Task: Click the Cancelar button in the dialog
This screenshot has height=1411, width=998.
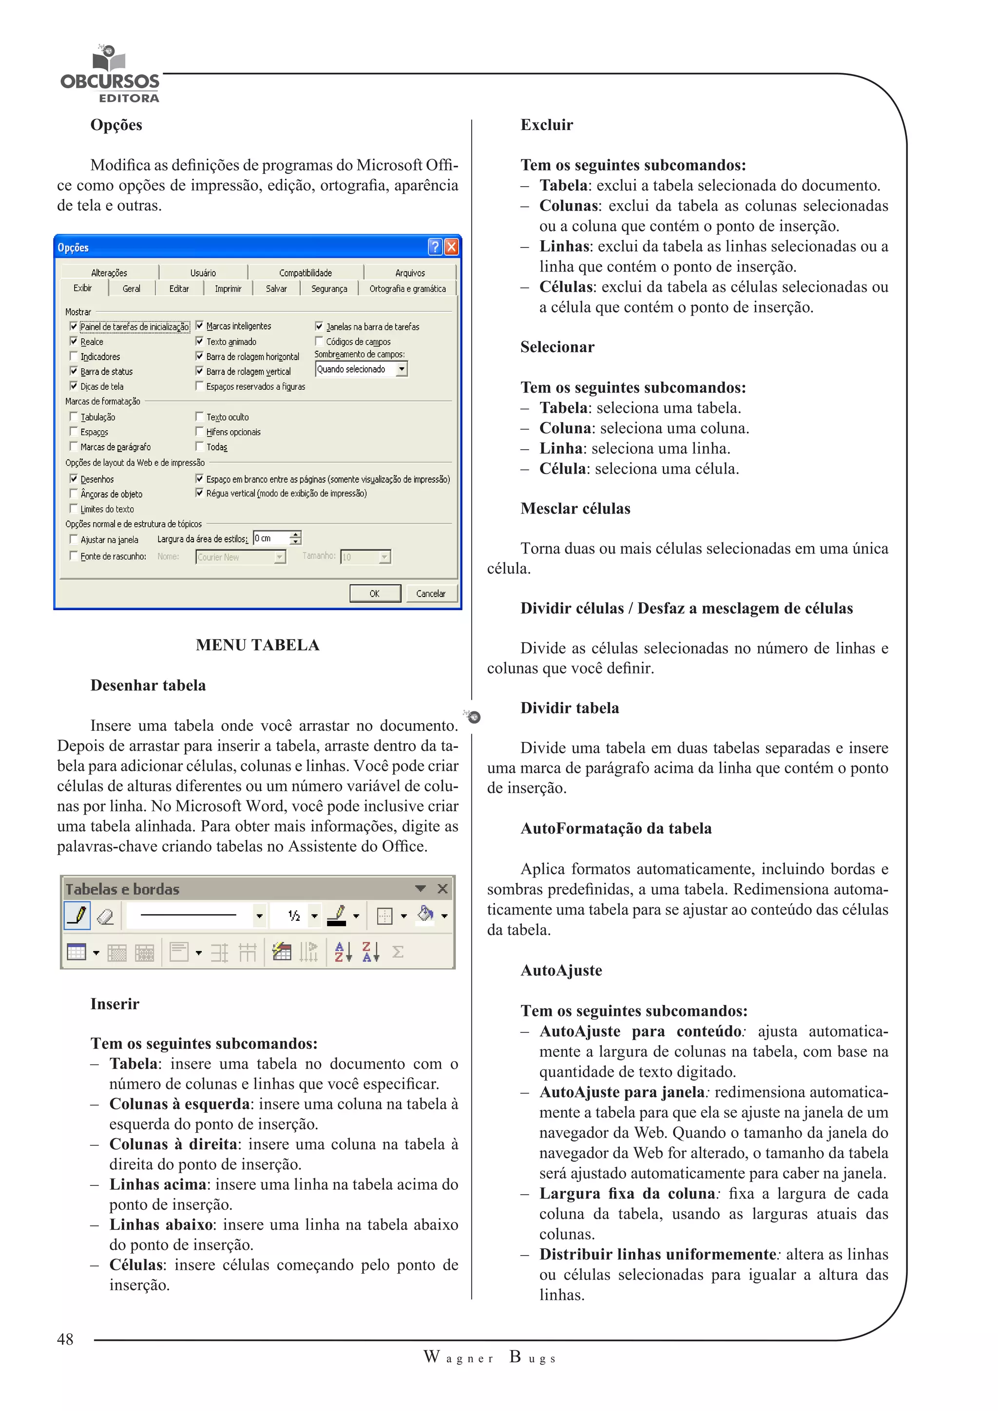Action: [x=430, y=593]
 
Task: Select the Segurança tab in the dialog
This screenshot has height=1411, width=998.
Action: [x=329, y=288]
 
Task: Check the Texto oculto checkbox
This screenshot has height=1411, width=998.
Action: [x=199, y=417]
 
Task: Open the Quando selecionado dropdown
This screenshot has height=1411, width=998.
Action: [x=401, y=369]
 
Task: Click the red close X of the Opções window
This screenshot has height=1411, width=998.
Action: [x=451, y=247]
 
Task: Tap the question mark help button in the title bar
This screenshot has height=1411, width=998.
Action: [x=435, y=247]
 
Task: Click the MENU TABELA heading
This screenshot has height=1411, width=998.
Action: [x=257, y=645]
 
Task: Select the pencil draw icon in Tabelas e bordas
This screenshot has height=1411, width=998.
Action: [x=77, y=915]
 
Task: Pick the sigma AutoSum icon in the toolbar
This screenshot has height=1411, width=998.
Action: [x=398, y=952]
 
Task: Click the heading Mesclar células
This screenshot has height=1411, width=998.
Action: [x=575, y=508]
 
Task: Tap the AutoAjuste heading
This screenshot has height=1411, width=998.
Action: [x=561, y=971]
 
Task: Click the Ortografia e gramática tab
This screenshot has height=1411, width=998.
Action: [x=407, y=288]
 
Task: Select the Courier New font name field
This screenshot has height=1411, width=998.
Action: [x=235, y=557]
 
